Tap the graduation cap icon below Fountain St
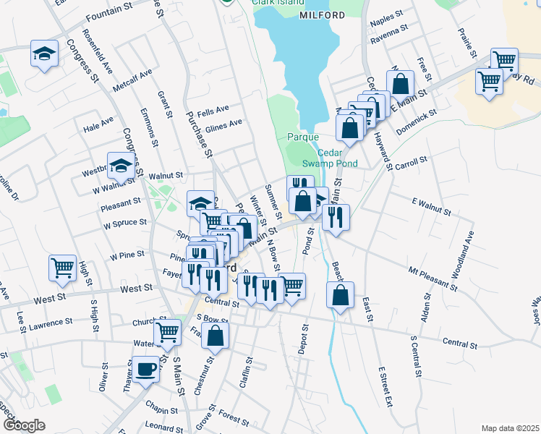coord(44,54)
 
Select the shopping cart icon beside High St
coord(63,267)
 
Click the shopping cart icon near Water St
coord(168,331)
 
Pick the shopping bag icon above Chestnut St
coord(215,334)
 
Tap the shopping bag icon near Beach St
coord(339,294)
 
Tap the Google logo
coord(25,425)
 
